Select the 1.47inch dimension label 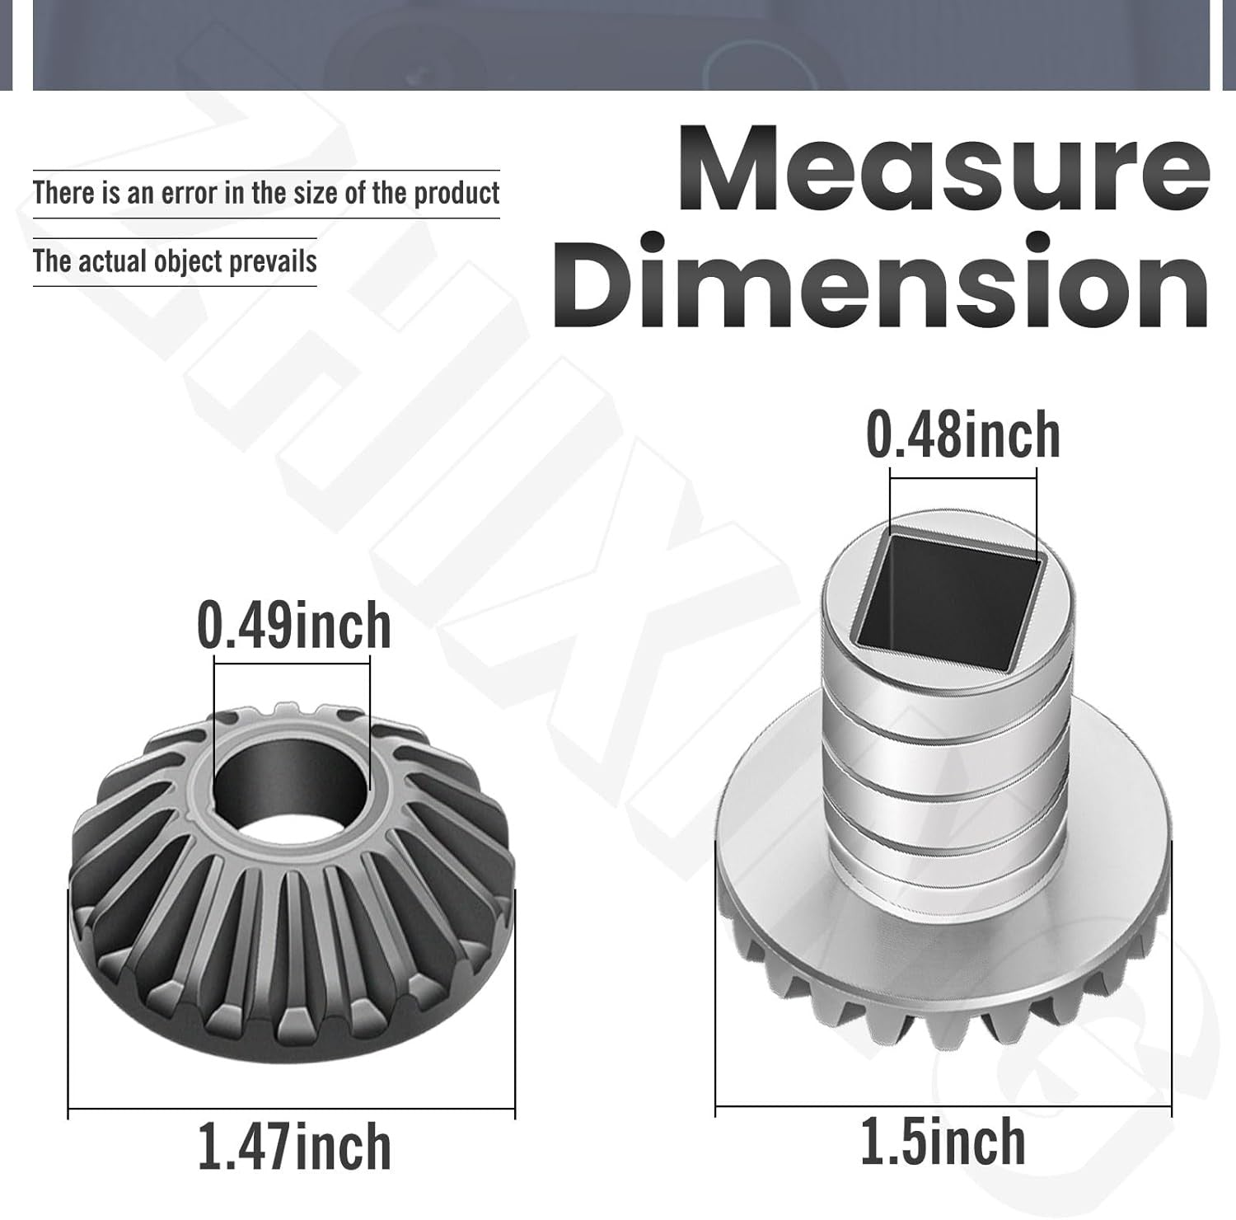295,1147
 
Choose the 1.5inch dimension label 943,1142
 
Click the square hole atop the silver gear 949,606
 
